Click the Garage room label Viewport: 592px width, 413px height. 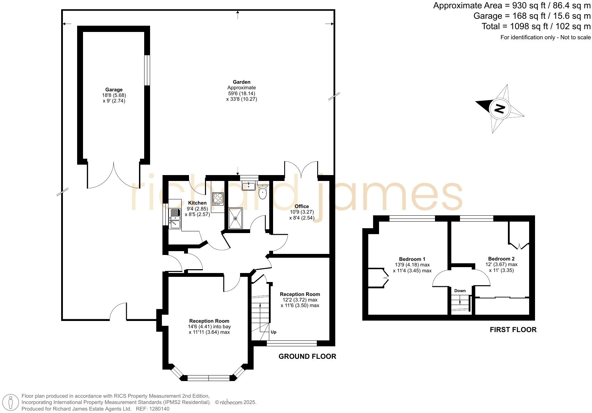(x=114, y=90)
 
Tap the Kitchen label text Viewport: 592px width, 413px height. (x=197, y=203)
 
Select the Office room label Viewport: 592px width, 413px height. (x=302, y=206)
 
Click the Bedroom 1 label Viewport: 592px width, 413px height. (x=412, y=259)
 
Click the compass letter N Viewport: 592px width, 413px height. (x=499, y=109)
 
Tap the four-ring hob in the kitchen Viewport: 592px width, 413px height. (x=218, y=199)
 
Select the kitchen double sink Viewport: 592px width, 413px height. (x=175, y=218)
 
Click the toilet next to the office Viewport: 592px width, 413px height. (x=263, y=193)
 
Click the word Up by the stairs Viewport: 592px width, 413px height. (x=273, y=332)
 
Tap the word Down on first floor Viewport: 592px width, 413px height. (x=460, y=291)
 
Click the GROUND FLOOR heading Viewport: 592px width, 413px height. (x=307, y=356)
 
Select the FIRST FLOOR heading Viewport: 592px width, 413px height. (x=513, y=330)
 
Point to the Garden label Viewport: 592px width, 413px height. (x=241, y=82)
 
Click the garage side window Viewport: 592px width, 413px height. (x=147, y=70)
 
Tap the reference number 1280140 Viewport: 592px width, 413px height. (x=157, y=409)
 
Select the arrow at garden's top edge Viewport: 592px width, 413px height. (x=238, y=14)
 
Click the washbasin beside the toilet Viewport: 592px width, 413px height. (x=249, y=186)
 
